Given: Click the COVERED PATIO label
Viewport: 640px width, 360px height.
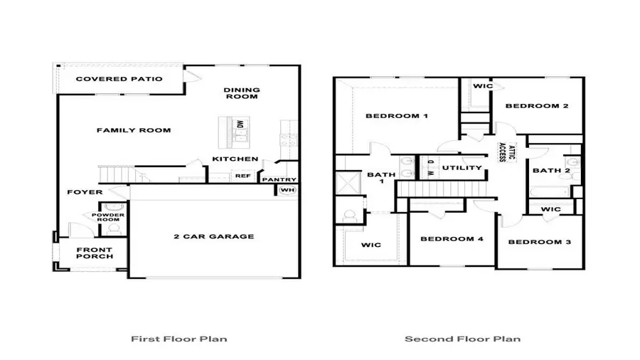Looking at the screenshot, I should (119, 79).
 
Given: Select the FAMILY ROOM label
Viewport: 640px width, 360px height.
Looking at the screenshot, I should (134, 130).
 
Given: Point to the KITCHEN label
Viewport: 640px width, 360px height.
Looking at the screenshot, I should (235, 159).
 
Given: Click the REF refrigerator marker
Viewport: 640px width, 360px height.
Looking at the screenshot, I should (242, 176).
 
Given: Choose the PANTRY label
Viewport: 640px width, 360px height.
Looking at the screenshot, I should (279, 179).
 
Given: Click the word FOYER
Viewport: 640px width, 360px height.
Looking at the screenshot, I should (85, 192).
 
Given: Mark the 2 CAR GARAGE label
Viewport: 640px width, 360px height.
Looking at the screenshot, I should (214, 236).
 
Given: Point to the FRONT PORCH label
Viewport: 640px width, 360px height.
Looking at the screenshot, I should (94, 253).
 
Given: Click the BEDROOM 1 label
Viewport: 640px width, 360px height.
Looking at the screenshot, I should (396, 116).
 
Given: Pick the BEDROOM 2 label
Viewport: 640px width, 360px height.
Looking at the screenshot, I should (537, 106).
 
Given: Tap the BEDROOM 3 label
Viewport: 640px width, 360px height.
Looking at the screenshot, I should (539, 242).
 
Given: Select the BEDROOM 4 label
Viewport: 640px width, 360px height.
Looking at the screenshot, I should (452, 239).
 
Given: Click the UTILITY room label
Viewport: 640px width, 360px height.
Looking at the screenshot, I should (462, 168).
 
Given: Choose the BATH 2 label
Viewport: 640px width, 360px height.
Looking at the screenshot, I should (551, 170).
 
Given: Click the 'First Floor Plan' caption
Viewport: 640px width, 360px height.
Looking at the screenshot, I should (179, 339).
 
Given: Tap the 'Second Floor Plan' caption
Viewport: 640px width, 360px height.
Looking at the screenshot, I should (462, 339).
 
